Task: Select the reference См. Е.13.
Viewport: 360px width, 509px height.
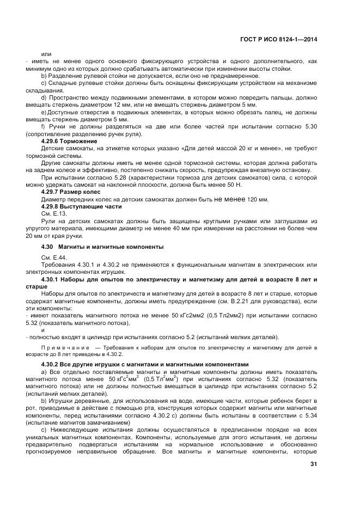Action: pyautogui.click(x=53, y=213)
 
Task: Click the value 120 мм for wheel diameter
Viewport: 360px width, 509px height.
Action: pyautogui.click(x=258, y=200)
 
